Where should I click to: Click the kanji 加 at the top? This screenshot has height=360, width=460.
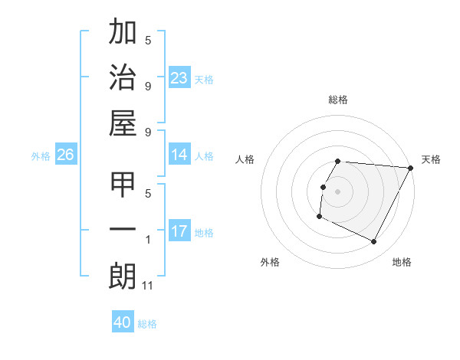pyautogui.click(x=122, y=33)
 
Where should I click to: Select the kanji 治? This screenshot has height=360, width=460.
pyautogui.click(x=122, y=79)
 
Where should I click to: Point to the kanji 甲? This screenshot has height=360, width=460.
pyautogui.click(x=122, y=186)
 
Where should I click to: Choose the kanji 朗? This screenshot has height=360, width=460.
pyautogui.click(x=122, y=277)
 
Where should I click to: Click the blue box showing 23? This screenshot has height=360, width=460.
pyautogui.click(x=179, y=77)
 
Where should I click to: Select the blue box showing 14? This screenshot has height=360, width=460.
pyautogui.click(x=179, y=155)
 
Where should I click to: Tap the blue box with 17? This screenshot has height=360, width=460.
pyautogui.click(x=179, y=231)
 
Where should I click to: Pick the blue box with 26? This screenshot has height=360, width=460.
pyautogui.click(x=66, y=155)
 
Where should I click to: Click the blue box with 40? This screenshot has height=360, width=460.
pyautogui.click(x=123, y=322)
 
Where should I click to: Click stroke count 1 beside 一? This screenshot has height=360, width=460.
pyautogui.click(x=148, y=240)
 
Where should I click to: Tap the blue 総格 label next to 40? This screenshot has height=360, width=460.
pyautogui.click(x=147, y=324)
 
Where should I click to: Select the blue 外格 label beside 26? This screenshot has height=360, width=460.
pyautogui.click(x=41, y=156)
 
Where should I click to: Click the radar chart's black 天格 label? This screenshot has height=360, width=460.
pyautogui.click(x=431, y=159)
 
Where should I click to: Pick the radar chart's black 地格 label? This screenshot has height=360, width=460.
pyautogui.click(x=402, y=262)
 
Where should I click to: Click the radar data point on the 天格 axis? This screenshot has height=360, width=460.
pyautogui.click(x=411, y=168)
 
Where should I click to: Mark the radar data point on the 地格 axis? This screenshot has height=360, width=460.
pyautogui.click(x=374, y=242)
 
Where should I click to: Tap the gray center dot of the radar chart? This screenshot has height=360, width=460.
pyautogui.click(x=337, y=191)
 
